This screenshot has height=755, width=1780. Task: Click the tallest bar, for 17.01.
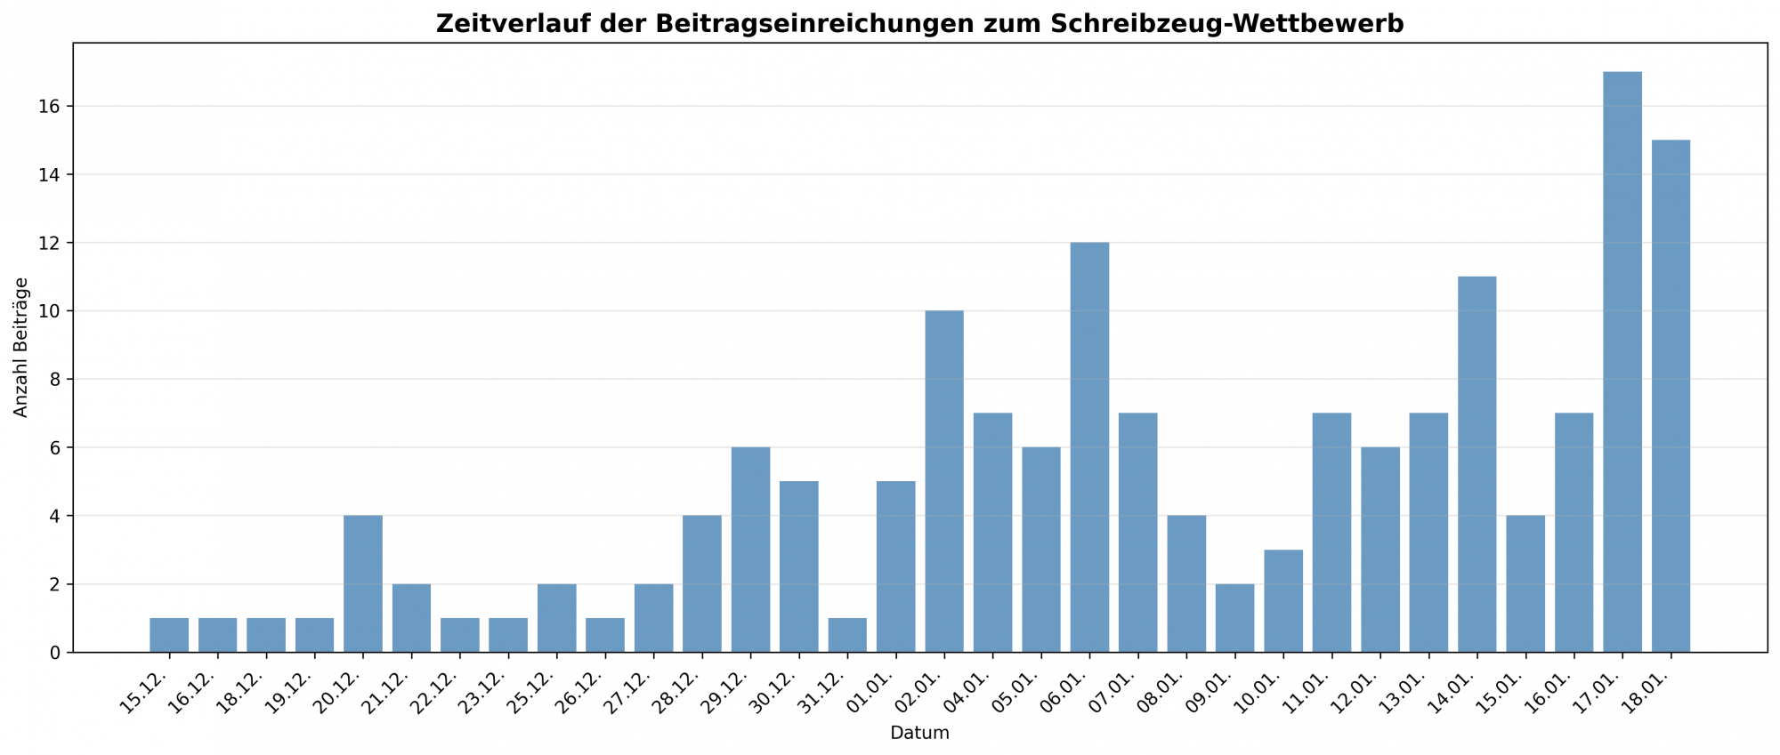click(x=1622, y=362)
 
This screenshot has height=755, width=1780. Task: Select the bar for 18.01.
click(x=1671, y=396)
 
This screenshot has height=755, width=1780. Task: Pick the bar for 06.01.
click(x=1089, y=447)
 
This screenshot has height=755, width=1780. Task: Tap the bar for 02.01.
click(x=944, y=481)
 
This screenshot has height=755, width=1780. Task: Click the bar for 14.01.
click(x=1477, y=464)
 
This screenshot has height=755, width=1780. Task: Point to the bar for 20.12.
click(x=363, y=583)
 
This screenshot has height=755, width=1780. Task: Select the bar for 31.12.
click(x=847, y=635)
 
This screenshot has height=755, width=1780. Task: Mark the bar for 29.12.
click(x=750, y=550)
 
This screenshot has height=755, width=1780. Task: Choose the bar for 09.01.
click(x=1234, y=618)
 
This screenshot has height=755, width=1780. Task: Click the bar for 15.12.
click(x=169, y=635)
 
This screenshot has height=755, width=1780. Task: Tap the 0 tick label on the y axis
click(x=55, y=653)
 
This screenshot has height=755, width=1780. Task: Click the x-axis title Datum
click(x=919, y=734)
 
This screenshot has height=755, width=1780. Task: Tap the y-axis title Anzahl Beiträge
click(x=21, y=348)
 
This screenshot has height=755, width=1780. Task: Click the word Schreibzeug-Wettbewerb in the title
click(x=1226, y=24)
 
